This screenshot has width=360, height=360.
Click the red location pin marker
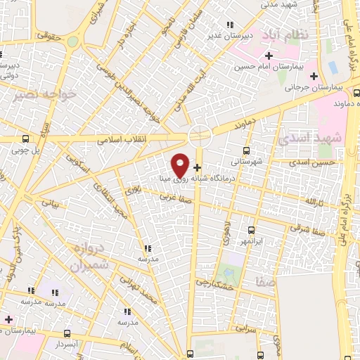(181, 165)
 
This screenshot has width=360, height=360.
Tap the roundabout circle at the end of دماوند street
(200, 135)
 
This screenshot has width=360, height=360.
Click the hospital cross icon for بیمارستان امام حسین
(269, 56)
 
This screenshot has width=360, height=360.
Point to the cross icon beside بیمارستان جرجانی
(314, 75)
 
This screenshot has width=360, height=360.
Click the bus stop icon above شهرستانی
(245, 150)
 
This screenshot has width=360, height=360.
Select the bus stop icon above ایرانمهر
(251, 229)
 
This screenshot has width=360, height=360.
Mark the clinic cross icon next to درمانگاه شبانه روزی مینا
(197, 168)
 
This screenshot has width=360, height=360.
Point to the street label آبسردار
(69, 345)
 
